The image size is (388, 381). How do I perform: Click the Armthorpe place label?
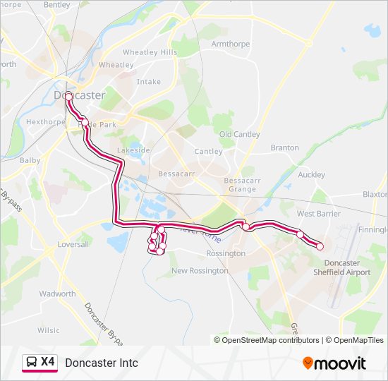click(231, 44)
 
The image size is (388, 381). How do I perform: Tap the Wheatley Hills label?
click(150, 52)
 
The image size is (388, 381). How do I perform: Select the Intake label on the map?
click(149, 82)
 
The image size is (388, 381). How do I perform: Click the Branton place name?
click(285, 148)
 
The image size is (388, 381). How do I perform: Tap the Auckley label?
click(312, 174)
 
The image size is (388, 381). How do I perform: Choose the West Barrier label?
click(319, 213)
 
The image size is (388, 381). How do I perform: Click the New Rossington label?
click(200, 270)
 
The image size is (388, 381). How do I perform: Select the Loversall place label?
click(74, 244)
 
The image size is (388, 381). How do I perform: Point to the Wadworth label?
click(57, 294)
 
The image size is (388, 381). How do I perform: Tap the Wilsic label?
click(49, 330)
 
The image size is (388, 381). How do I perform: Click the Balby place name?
click(30, 160)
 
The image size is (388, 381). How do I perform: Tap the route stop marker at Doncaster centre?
click(68, 96)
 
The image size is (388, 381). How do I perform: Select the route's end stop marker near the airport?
click(320, 246)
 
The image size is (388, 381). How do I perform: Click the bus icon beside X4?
click(31, 363)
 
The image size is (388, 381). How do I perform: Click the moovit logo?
click(334, 363)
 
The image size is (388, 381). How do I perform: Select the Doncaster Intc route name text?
click(102, 363)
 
